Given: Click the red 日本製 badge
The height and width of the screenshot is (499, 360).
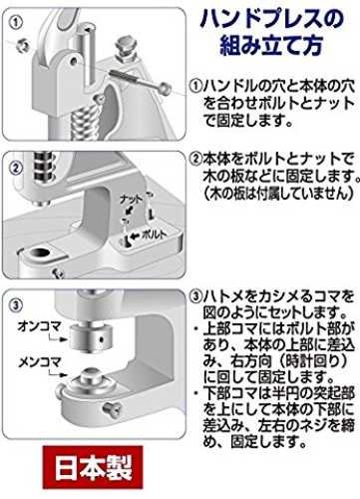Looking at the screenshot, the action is [x=93, y=467].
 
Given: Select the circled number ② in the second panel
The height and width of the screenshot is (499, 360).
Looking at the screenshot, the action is [x=16, y=169].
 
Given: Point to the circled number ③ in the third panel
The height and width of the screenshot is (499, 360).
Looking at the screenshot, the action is [x=16, y=305].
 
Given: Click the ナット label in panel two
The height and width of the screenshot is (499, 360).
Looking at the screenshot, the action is [x=132, y=200].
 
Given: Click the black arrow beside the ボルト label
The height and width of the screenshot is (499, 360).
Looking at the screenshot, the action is [x=136, y=236].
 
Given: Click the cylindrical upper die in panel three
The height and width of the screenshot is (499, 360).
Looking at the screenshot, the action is [x=92, y=339].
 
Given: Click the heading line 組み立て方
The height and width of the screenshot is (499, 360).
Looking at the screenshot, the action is [x=271, y=46].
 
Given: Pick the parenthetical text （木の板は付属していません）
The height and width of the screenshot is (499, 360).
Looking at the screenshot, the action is [x=277, y=193].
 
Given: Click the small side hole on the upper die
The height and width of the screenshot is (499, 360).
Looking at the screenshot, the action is [x=102, y=340].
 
